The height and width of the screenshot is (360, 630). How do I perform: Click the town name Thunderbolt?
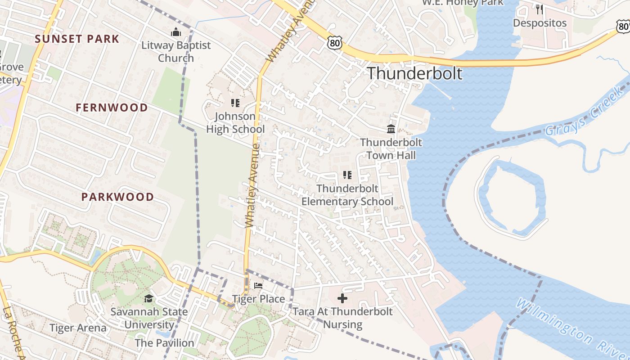point(415,73)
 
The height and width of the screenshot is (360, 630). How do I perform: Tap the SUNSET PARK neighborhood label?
point(77,39)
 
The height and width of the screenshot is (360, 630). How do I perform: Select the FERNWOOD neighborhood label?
point(112,108)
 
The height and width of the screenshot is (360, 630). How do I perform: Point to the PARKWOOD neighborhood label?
point(117,197)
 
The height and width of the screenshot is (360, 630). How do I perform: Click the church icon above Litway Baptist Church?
point(175,32)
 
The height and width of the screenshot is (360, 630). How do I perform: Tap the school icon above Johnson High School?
point(235,103)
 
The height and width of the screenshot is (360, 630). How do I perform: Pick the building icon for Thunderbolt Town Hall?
point(391,129)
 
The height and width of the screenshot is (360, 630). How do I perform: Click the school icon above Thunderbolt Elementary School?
point(347,175)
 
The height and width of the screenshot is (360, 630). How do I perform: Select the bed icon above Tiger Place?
point(258,286)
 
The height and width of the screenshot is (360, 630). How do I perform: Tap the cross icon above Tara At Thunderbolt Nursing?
point(342,298)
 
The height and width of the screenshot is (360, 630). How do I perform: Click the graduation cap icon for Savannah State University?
point(148,298)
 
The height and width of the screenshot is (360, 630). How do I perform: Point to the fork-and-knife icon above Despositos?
point(540,9)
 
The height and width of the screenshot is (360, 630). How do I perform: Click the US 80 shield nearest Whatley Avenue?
point(335,43)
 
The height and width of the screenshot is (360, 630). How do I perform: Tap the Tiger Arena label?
point(78,328)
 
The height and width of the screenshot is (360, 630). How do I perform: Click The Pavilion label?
point(164,342)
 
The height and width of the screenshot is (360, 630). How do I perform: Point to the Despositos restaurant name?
point(540,22)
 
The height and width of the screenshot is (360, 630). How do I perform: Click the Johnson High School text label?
point(235,123)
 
